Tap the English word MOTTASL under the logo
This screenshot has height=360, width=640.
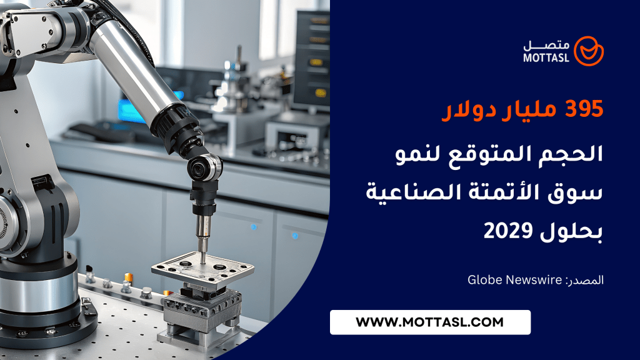point(546,58)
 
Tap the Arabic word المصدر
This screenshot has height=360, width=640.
point(584,281)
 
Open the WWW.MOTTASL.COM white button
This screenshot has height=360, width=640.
point(430,322)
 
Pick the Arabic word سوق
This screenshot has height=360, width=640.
point(581,194)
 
